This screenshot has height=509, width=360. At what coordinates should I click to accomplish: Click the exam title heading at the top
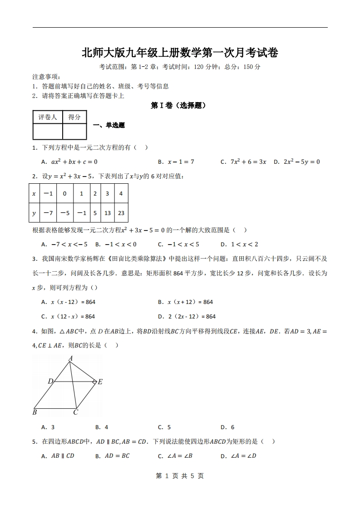pos(180,53)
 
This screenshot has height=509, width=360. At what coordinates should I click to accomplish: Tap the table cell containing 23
pos(121,213)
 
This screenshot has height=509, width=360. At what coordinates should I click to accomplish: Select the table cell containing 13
pos(108,213)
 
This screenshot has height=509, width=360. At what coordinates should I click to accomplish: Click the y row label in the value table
pos(34,213)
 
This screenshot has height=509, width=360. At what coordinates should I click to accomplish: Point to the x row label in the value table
pos(34,194)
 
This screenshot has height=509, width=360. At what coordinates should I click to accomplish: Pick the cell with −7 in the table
pos(48,213)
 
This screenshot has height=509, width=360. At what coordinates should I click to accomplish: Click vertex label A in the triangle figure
pos(71,358)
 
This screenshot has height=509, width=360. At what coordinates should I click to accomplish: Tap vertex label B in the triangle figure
pos(35,412)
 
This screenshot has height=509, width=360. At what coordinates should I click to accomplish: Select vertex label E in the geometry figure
pos(100,382)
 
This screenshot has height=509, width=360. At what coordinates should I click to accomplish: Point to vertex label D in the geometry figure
pos(50,382)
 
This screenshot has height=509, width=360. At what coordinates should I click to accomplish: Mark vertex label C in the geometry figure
pos(76,412)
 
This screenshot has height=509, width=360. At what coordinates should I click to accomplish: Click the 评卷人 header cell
pos(48,117)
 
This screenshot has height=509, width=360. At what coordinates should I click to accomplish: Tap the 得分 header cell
pos(74,117)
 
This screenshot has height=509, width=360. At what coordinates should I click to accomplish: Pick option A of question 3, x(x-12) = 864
pos(68,302)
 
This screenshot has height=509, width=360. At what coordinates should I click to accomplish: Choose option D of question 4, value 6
pos(227,427)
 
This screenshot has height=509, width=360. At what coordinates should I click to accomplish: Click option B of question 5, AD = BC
pos(113,456)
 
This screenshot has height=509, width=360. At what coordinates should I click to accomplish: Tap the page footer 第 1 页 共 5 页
pos(180,476)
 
